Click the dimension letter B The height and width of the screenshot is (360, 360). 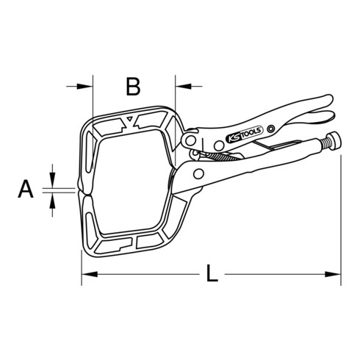(132, 87)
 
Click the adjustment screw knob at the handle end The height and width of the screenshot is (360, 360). (334, 143)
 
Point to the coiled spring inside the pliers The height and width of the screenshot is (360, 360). (220, 156)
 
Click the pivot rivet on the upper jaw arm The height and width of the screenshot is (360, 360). (190, 140)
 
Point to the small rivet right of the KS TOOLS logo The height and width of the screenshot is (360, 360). (271, 129)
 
